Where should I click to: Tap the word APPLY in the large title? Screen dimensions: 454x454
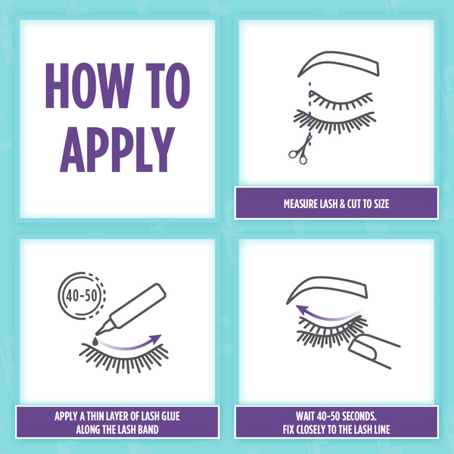[117, 149]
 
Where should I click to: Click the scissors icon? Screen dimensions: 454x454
[301, 150]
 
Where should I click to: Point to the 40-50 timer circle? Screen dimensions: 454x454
[82, 296]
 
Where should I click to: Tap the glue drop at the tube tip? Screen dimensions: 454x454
[95, 341]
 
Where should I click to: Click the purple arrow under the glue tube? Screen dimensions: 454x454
[130, 345]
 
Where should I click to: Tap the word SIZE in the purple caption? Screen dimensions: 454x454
[381, 204]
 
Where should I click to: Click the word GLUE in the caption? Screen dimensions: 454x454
[170, 416]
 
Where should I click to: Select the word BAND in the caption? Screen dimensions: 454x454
[148, 429]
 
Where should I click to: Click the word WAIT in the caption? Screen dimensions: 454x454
[305, 416]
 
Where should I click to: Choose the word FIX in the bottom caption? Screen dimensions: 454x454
[288, 429]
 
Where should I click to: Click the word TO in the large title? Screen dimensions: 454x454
[168, 86]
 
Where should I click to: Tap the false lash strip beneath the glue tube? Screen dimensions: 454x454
[124, 358]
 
